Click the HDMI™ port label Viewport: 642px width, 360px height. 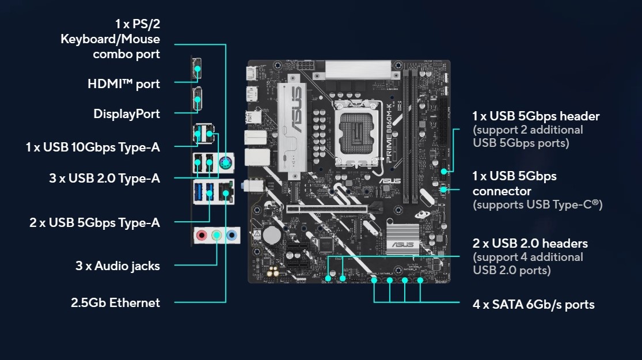123,84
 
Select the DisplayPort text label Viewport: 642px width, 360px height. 127,114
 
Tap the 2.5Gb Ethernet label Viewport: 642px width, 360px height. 115,302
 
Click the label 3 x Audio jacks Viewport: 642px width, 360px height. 117,266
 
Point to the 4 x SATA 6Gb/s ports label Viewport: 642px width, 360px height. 533,304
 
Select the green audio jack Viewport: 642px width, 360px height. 216,235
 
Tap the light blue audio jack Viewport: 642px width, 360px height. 231,235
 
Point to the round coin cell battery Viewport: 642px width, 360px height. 271,235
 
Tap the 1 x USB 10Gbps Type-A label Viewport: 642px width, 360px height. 93,147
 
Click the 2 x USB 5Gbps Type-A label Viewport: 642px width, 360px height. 94,222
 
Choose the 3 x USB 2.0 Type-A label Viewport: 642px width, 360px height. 104,179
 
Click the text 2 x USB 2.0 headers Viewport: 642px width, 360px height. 530,244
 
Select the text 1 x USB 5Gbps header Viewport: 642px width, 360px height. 536,116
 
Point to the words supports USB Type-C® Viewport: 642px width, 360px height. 537,204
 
